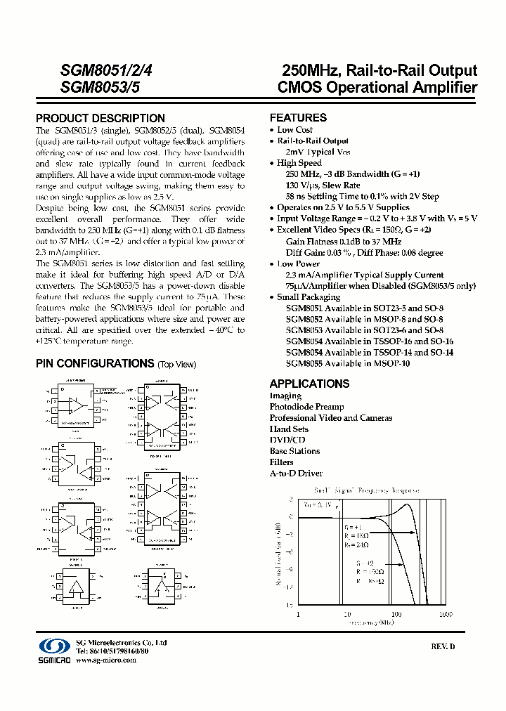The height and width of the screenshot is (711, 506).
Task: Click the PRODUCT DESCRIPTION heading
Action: [x=100, y=118]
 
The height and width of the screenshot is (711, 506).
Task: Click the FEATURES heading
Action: [x=298, y=118]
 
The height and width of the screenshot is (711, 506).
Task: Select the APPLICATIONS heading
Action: [x=309, y=384]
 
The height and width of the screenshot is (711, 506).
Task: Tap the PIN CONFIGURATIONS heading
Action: [x=95, y=363]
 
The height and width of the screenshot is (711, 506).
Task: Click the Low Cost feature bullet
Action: [x=294, y=130]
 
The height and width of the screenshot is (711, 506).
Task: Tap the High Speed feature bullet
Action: [x=299, y=163]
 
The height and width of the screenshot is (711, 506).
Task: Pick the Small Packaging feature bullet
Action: [x=308, y=297]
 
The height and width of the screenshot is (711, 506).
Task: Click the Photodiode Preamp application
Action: [x=306, y=407]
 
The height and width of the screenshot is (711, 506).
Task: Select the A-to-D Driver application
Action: [x=296, y=474]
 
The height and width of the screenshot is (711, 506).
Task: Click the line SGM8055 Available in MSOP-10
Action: [x=347, y=363]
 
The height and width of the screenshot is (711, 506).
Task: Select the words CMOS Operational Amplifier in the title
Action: [x=377, y=88]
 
